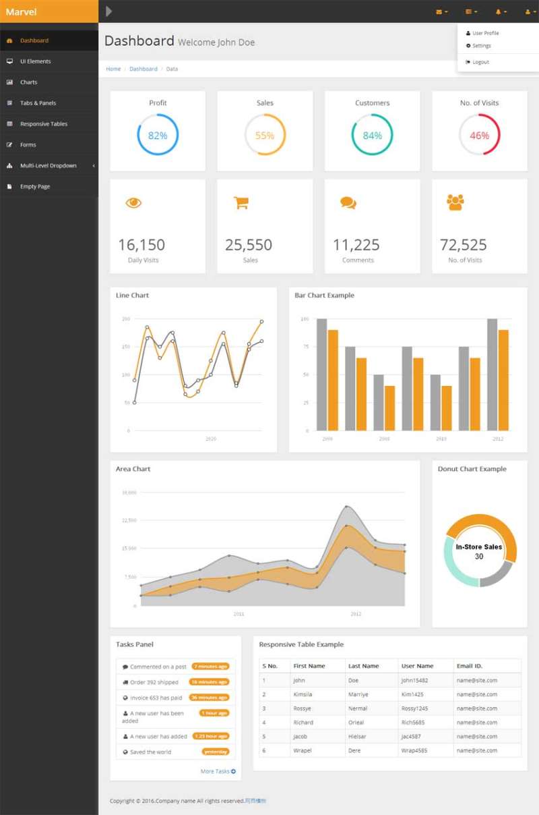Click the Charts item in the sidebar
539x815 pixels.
click(x=28, y=82)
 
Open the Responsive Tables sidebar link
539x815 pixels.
click(x=43, y=124)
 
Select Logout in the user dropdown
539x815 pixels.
click(x=480, y=62)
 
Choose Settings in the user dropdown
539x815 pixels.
click(x=482, y=46)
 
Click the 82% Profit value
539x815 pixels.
click(x=158, y=136)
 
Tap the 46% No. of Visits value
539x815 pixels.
click(x=479, y=136)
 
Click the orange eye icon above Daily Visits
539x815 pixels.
click(x=133, y=202)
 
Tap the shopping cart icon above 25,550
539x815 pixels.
click(x=241, y=202)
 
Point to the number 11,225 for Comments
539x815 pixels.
click(x=356, y=245)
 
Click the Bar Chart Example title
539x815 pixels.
click(x=324, y=296)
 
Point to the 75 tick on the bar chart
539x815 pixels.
click(x=305, y=347)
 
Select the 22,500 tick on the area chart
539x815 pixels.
click(x=129, y=520)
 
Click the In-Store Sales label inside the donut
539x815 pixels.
click(x=479, y=547)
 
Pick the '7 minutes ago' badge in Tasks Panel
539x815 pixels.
click(x=210, y=667)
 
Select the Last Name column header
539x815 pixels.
click(x=364, y=666)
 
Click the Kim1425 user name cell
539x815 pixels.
click(x=412, y=694)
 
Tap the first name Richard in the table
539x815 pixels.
click(x=303, y=723)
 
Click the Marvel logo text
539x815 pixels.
click(x=21, y=11)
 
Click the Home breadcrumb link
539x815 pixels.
click(x=113, y=69)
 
